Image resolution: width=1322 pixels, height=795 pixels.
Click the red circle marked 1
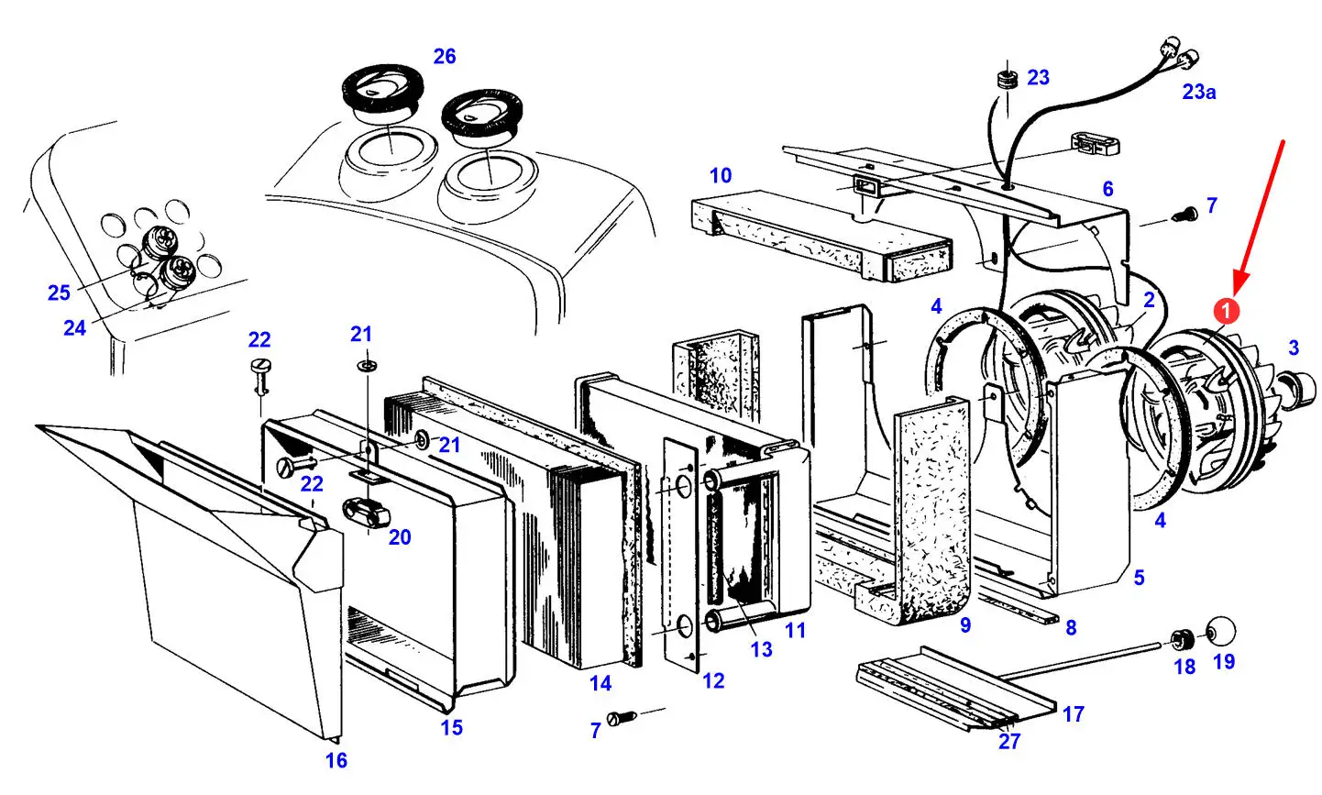(1227, 312)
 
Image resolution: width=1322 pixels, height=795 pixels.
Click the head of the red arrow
(1237, 286)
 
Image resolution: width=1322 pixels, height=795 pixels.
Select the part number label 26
(445, 57)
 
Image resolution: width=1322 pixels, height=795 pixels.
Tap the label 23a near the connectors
(1198, 92)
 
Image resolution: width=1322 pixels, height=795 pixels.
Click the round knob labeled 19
(1220, 632)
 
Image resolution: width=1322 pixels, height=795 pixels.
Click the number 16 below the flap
(336, 760)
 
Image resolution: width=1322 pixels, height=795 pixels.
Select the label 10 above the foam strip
(721, 175)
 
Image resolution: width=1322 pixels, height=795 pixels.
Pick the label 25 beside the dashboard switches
(59, 293)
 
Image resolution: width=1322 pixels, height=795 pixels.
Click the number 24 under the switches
(75, 326)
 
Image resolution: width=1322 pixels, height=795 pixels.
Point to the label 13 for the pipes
(762, 649)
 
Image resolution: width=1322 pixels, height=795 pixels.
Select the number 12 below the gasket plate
(713, 680)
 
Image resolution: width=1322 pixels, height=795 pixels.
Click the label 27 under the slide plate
(1008, 741)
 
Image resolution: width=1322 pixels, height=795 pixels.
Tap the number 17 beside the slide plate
(1074, 713)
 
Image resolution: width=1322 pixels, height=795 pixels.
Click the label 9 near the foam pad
(965, 625)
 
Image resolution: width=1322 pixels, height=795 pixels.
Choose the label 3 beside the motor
(1294, 348)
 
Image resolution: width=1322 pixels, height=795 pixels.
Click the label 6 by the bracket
(1108, 189)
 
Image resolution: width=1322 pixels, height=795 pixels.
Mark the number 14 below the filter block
(600, 683)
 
